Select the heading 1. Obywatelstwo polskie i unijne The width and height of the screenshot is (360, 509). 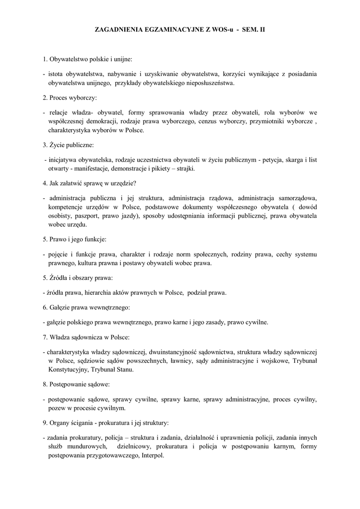pos(88,59)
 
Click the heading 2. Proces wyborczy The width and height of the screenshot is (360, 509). pos(70,97)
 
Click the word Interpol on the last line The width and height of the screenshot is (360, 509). pos(153,456)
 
